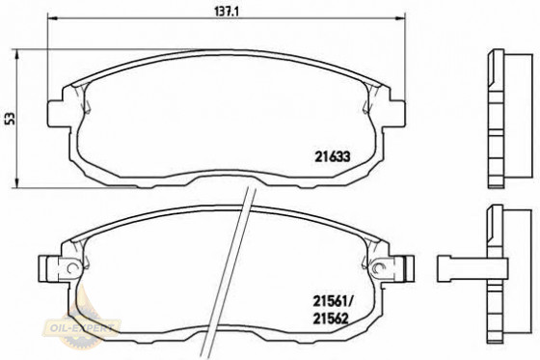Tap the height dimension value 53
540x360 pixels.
(x=12, y=119)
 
